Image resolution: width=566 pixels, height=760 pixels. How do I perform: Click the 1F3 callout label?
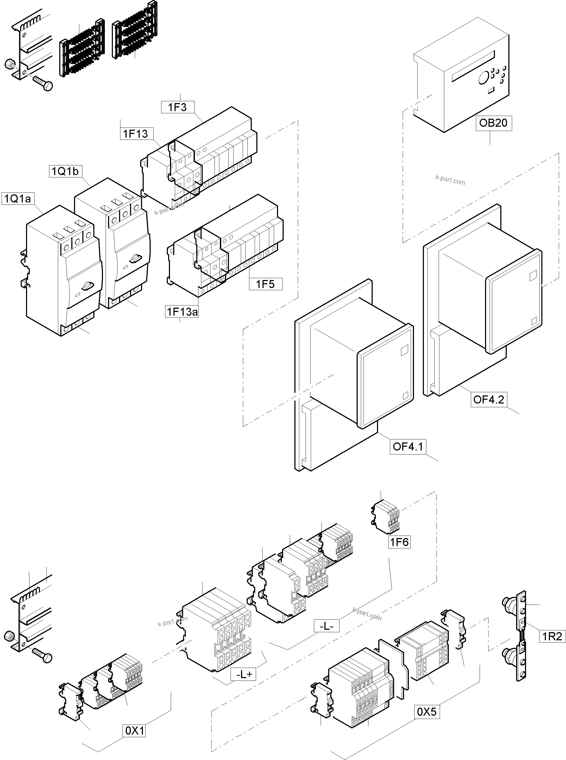click(x=177, y=107)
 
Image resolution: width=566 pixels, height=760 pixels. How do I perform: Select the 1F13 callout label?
click(x=136, y=134)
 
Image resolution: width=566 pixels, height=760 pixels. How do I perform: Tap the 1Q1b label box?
click(x=65, y=171)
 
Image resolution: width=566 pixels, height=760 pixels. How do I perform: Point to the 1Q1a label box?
click(x=17, y=198)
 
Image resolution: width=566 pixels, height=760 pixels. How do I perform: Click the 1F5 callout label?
click(x=265, y=284)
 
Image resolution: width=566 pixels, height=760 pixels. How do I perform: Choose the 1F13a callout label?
click(x=182, y=312)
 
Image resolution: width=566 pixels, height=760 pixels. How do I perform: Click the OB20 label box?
click(x=493, y=123)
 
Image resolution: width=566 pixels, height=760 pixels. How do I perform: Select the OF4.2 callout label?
click(x=489, y=399)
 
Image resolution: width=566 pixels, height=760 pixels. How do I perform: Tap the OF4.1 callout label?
click(x=408, y=446)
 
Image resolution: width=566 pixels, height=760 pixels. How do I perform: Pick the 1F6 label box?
click(x=399, y=542)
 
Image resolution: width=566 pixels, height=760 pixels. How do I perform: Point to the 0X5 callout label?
click(x=427, y=712)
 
